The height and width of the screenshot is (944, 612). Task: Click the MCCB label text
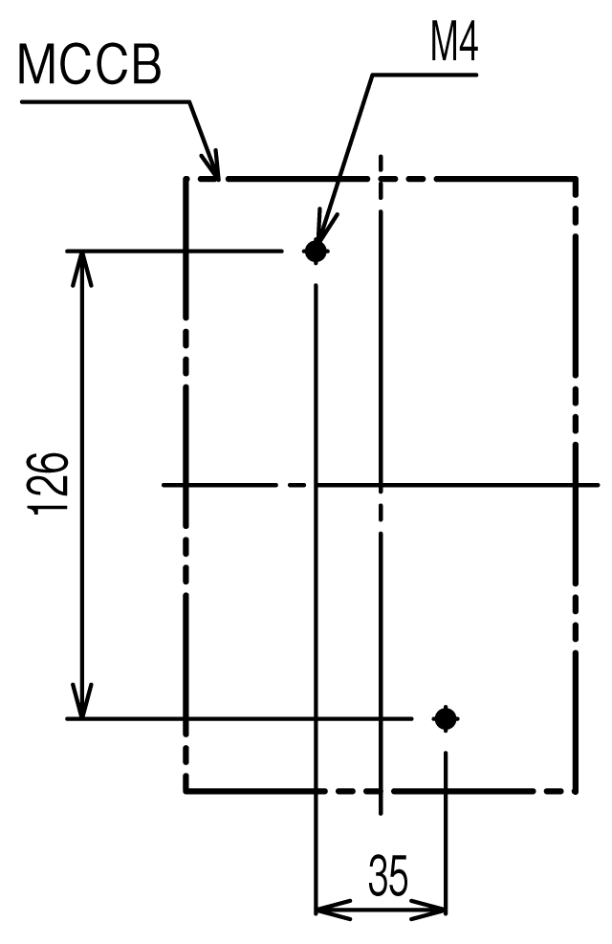tap(90, 64)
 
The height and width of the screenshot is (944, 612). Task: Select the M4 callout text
tap(453, 43)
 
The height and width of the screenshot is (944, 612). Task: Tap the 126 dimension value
tap(48, 483)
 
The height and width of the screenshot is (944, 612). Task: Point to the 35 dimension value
tap(388, 875)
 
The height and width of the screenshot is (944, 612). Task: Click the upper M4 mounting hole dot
tap(316, 251)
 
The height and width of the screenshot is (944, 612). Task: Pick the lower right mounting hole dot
tap(446, 718)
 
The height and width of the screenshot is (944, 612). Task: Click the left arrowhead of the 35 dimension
tap(334, 909)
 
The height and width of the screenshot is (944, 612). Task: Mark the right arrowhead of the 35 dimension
tap(427, 909)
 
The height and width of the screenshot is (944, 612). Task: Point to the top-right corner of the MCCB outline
tap(576, 179)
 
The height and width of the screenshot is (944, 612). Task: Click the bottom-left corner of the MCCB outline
tap(186, 790)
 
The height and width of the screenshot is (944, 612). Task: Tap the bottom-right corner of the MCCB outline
tap(576, 790)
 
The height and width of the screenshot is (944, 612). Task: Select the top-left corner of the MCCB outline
tap(186, 179)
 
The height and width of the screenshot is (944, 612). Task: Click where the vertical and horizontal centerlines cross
tap(381, 484)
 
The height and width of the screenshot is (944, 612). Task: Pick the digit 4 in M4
tap(467, 43)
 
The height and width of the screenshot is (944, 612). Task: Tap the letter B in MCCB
tap(146, 64)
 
